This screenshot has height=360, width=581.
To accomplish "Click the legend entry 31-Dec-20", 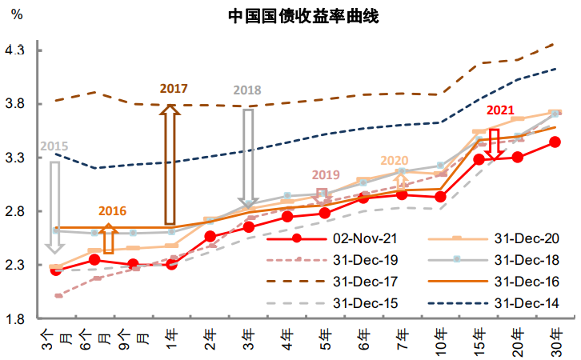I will [x=525, y=238].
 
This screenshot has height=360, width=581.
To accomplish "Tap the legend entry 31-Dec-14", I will [x=525, y=303].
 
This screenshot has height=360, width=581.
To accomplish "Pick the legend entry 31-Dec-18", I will [x=525, y=260].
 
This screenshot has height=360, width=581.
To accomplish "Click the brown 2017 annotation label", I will [x=173, y=87].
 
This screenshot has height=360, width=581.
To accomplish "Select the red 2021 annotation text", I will [x=499, y=111].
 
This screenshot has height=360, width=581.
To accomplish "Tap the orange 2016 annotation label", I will [x=112, y=210].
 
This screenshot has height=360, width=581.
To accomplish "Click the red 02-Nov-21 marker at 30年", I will [x=555, y=142].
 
